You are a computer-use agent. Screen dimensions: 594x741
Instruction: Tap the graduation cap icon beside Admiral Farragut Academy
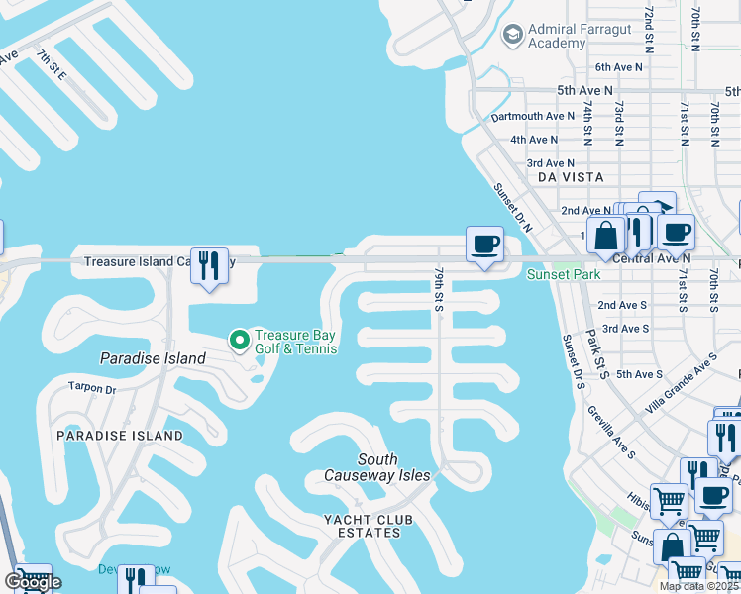coord(512,36)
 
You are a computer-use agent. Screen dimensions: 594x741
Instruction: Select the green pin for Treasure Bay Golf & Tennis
coord(239,341)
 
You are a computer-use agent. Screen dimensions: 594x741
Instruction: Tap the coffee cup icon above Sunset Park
coord(484,244)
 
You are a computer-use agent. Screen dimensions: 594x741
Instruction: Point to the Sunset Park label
coord(563,274)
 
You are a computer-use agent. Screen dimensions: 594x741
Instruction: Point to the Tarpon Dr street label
coord(92,388)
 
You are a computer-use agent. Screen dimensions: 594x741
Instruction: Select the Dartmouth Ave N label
coord(533,116)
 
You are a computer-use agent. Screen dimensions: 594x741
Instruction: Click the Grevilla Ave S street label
coord(611,432)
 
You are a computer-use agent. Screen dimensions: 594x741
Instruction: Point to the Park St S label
coord(596,353)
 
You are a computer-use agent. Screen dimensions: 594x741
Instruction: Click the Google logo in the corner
coord(33,582)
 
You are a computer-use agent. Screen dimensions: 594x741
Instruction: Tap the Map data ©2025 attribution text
coord(699,586)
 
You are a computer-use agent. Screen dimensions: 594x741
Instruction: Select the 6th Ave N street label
coord(618,66)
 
